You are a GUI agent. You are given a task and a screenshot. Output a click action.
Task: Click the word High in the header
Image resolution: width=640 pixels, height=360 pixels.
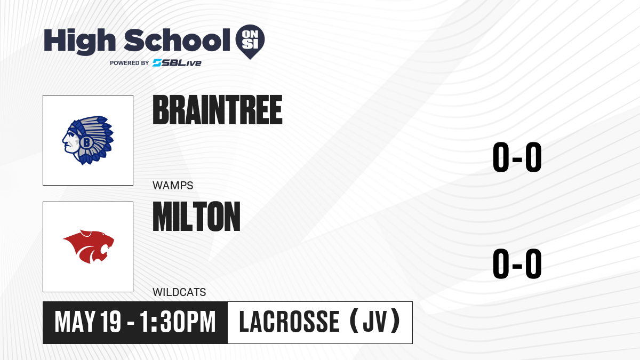(x=79, y=42)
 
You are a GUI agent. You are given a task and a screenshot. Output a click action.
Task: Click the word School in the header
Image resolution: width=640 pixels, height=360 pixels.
(x=177, y=39)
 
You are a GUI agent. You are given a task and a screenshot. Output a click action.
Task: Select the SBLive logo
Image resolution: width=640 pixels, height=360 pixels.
(x=177, y=63)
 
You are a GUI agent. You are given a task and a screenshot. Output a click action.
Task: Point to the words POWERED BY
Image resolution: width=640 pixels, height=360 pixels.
(x=130, y=63)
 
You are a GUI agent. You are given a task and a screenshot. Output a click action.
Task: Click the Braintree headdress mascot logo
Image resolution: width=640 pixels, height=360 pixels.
(x=88, y=140)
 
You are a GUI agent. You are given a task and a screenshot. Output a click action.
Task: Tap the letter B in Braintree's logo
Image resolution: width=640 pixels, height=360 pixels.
(x=86, y=142)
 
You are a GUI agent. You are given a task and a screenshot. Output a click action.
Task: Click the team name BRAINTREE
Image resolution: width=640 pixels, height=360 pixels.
(x=218, y=110)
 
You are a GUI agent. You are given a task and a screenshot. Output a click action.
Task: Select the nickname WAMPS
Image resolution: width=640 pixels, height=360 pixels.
(x=173, y=186)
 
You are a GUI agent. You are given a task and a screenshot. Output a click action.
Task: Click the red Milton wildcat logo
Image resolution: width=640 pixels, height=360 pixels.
(x=89, y=246)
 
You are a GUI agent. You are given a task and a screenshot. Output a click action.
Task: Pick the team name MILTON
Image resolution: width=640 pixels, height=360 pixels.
(x=197, y=217)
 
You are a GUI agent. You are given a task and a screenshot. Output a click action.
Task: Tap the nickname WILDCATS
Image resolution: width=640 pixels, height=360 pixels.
(x=179, y=292)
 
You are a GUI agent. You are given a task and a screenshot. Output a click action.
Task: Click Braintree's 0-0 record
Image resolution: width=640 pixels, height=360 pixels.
(x=517, y=157)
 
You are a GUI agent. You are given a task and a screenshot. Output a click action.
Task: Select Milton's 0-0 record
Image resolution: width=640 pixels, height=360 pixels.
(x=517, y=263)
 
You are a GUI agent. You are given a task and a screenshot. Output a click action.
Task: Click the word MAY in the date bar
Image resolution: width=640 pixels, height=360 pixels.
(x=75, y=322)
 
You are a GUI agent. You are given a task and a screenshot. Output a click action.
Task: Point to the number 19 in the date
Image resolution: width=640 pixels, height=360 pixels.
(x=111, y=322)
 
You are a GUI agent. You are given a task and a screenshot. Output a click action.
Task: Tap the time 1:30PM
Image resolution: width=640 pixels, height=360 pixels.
(x=178, y=322)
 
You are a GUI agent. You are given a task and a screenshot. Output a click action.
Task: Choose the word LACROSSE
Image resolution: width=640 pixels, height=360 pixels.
(x=289, y=322)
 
